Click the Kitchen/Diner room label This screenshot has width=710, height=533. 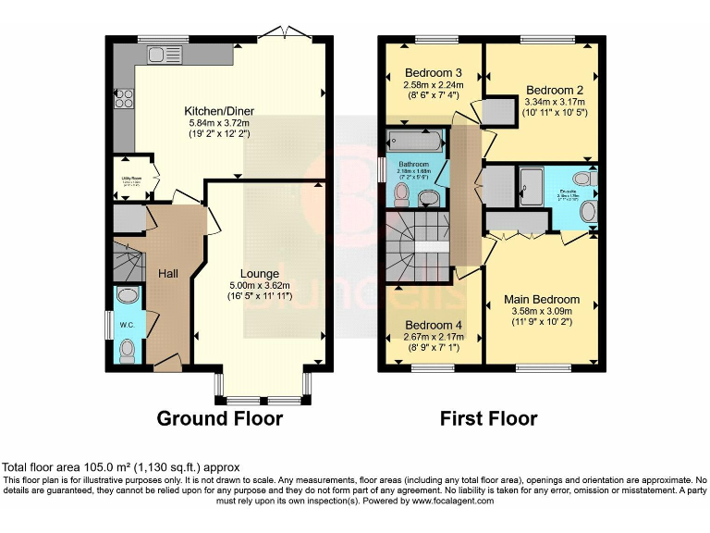219,111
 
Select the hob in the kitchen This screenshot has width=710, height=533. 121,99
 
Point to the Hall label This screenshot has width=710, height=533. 167,274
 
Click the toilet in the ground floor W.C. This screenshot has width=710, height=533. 129,350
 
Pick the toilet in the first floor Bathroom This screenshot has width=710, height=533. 401,192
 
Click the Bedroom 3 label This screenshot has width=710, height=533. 433,73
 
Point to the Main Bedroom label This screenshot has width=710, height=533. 542,300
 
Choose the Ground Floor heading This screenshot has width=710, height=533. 219,418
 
